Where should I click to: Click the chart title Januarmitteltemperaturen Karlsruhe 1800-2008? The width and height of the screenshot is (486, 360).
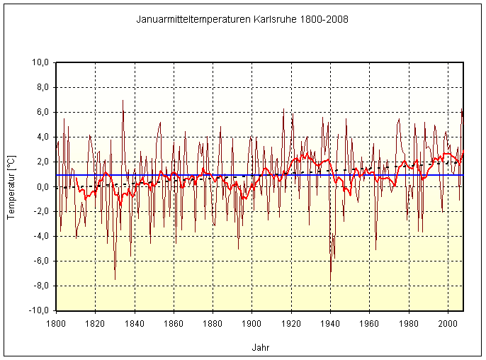242,19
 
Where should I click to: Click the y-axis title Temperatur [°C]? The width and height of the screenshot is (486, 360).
11,187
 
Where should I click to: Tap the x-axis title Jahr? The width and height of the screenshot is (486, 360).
260,347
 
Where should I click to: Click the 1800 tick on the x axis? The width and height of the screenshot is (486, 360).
56,323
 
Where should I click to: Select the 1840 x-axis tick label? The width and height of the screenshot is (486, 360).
135,323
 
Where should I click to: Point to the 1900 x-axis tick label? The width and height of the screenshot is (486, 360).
252,323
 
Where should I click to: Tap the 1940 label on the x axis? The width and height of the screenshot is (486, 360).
331,323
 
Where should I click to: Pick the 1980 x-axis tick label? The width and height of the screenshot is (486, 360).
409,323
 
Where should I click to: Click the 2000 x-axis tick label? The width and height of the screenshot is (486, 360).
448,323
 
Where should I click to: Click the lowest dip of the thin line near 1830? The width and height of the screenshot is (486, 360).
115,279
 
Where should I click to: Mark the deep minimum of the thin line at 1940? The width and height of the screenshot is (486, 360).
330,281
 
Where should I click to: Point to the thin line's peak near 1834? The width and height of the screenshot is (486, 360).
123,101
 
